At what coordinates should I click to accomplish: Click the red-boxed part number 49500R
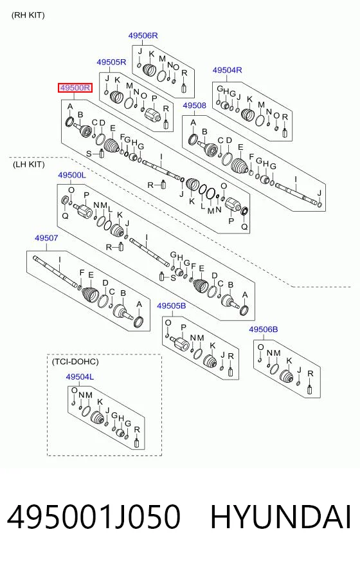pyautogui.click(x=75, y=87)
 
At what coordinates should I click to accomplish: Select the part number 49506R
pyautogui.click(x=143, y=35)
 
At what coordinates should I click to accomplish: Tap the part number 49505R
pyautogui.click(x=111, y=62)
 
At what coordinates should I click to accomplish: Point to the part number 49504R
pyautogui.click(x=227, y=69)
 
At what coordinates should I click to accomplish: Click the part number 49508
pyautogui.click(x=195, y=106)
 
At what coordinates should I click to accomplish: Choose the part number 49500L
pyautogui.click(x=72, y=175)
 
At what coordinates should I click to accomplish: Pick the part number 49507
pyautogui.click(x=46, y=237)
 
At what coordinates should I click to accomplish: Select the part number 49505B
pyautogui.click(x=172, y=306)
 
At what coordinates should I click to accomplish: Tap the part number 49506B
pyautogui.click(x=264, y=329)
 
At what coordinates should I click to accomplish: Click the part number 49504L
pyautogui.click(x=80, y=376)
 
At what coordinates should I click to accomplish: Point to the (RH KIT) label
pyautogui.click(x=28, y=15)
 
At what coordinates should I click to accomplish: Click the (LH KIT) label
pyautogui.click(x=28, y=164)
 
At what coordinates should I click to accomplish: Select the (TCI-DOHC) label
pyautogui.click(x=75, y=362)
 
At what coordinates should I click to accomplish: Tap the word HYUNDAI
pyautogui.click(x=281, y=517)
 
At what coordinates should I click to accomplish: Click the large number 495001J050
pyautogui.click(x=94, y=517)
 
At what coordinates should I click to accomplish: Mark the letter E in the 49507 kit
pyautogui.click(x=91, y=275)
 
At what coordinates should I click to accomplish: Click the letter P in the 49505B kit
pyautogui.click(x=183, y=327)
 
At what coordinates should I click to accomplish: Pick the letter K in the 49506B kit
pyautogui.click(x=289, y=361)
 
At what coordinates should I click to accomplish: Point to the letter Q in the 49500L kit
pyautogui.click(x=65, y=216)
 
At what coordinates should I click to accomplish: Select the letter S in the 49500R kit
pyautogui.click(x=89, y=154)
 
